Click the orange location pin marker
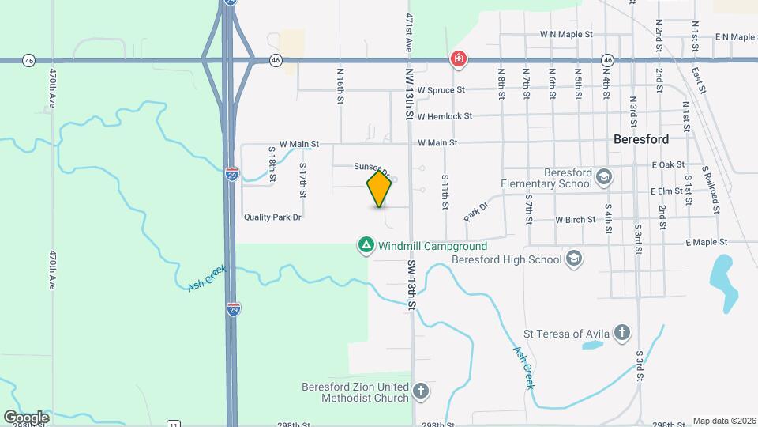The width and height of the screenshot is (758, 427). tap(379, 189)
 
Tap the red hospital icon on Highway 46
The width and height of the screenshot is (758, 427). tap(457, 59)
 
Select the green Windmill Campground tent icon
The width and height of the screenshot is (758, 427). tap(366, 245)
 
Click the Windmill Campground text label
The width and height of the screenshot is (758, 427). tap(423, 245)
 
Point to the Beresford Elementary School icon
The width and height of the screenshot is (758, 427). tap(604, 176)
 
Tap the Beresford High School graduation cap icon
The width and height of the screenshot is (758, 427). tap(574, 259)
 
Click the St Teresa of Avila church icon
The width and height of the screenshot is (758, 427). tap(623, 333)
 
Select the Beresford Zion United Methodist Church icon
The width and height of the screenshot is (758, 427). tap(421, 391)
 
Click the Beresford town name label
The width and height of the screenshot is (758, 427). tap(641, 138)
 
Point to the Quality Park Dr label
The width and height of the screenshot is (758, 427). tap(273, 216)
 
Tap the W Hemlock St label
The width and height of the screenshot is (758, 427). tap(445, 116)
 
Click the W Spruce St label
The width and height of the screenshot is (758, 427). tap(441, 90)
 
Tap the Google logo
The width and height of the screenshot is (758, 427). tap(26, 417)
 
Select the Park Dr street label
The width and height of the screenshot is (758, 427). tap(476, 210)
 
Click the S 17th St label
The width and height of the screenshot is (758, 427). tap(302, 179)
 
